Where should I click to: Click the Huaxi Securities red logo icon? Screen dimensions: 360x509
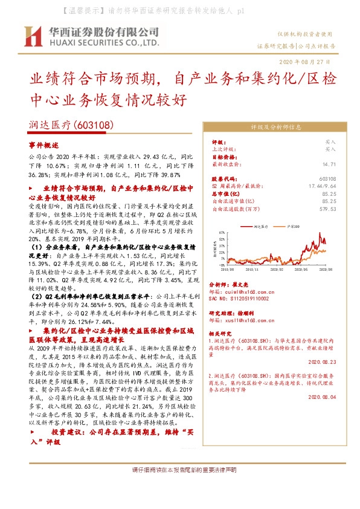(33, 36)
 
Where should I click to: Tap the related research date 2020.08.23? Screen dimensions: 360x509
(322, 363)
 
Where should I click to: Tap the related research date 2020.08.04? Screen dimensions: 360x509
(322, 397)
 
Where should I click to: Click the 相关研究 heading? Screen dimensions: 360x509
(221, 333)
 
